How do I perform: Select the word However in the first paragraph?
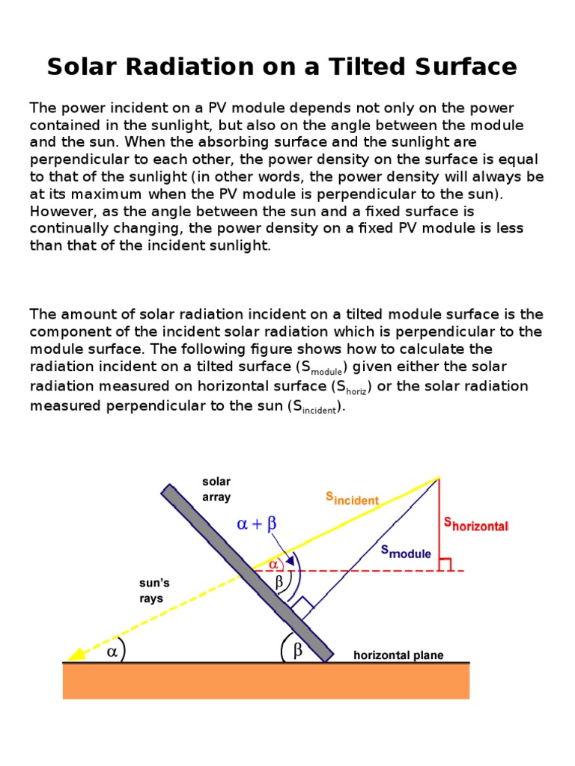59,211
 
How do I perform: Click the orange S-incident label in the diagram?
352,499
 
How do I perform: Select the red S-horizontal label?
476,524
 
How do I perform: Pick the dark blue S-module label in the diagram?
406,552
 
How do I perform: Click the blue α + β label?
257,524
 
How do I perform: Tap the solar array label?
216,489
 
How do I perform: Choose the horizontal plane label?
398,655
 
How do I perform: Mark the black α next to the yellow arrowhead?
112,651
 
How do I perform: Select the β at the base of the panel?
297,651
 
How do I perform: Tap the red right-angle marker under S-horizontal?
445,565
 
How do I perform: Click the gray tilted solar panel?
247,572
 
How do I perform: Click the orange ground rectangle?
266,681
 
